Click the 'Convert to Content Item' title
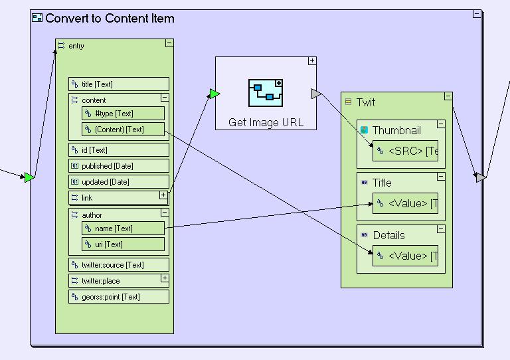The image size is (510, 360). coord(110,19)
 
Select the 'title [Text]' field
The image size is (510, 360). coord(119,84)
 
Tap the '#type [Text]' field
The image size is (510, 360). coord(123,114)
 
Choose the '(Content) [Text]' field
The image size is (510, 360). coord(123,130)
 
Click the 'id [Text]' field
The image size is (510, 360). coord(119,150)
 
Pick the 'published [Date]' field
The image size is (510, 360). coord(119,166)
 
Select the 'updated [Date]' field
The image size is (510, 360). coord(119,182)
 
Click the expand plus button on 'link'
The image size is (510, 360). coord(163,195)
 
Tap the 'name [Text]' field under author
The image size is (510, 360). coord(123,228)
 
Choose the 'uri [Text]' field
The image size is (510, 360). coord(123,244)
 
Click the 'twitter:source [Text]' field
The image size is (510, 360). coord(119,265)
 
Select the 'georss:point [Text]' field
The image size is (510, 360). coord(119,297)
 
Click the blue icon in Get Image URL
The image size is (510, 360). coord(266,93)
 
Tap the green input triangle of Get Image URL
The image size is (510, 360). coord(214,94)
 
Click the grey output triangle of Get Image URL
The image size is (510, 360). coord(316,94)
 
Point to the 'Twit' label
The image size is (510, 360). coord(366,102)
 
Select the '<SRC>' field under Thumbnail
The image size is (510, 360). coord(405,151)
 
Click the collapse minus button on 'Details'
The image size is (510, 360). coord(441,229)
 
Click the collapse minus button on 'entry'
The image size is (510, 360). coord(169,43)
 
